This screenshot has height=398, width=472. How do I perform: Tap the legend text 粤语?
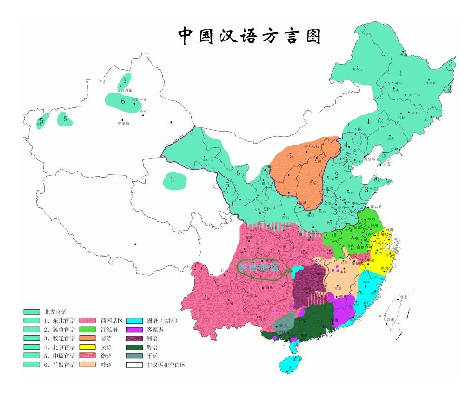(x=152, y=347)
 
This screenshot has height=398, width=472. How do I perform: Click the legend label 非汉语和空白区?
(x=166, y=365)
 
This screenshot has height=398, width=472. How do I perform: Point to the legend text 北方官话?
(x=55, y=312)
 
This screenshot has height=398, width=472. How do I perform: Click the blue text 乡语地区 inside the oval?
(x=259, y=267)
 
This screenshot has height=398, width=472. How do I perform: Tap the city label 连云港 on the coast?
(x=375, y=206)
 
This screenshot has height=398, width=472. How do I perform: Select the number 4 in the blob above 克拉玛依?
(x=124, y=80)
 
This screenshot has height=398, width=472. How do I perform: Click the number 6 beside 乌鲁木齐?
(x=123, y=101)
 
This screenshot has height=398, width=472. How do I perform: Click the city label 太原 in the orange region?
(x=312, y=183)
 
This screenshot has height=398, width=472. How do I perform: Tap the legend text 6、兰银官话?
(x=57, y=365)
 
